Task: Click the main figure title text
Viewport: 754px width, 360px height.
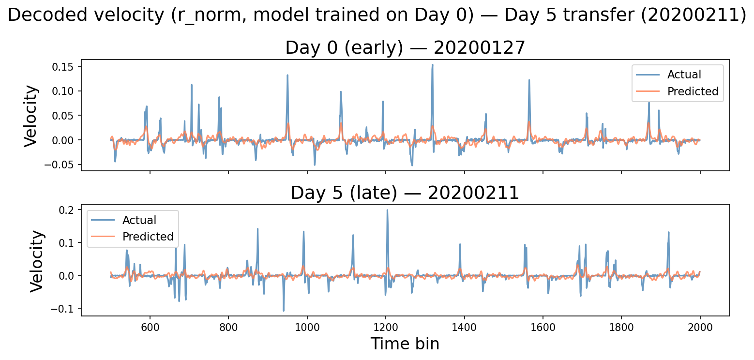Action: (x=377, y=15)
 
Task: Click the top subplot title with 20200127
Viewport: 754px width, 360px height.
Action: (x=405, y=48)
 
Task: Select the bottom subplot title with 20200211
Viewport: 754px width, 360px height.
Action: (x=405, y=193)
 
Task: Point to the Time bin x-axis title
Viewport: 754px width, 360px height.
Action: (x=405, y=344)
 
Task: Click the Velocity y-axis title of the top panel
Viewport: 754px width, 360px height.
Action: (x=31, y=115)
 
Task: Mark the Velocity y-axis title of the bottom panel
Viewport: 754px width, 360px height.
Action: (x=37, y=260)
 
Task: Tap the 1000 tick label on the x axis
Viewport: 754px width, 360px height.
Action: (x=307, y=327)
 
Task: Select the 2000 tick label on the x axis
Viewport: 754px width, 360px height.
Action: (x=700, y=327)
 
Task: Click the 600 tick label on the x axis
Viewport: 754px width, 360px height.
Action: (x=150, y=327)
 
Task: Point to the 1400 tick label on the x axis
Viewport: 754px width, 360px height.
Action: (x=464, y=327)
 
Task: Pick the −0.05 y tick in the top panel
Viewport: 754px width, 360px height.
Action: (x=63, y=165)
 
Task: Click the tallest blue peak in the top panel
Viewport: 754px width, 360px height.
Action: (x=432, y=65)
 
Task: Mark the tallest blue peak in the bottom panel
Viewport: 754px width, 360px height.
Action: (x=387, y=210)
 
